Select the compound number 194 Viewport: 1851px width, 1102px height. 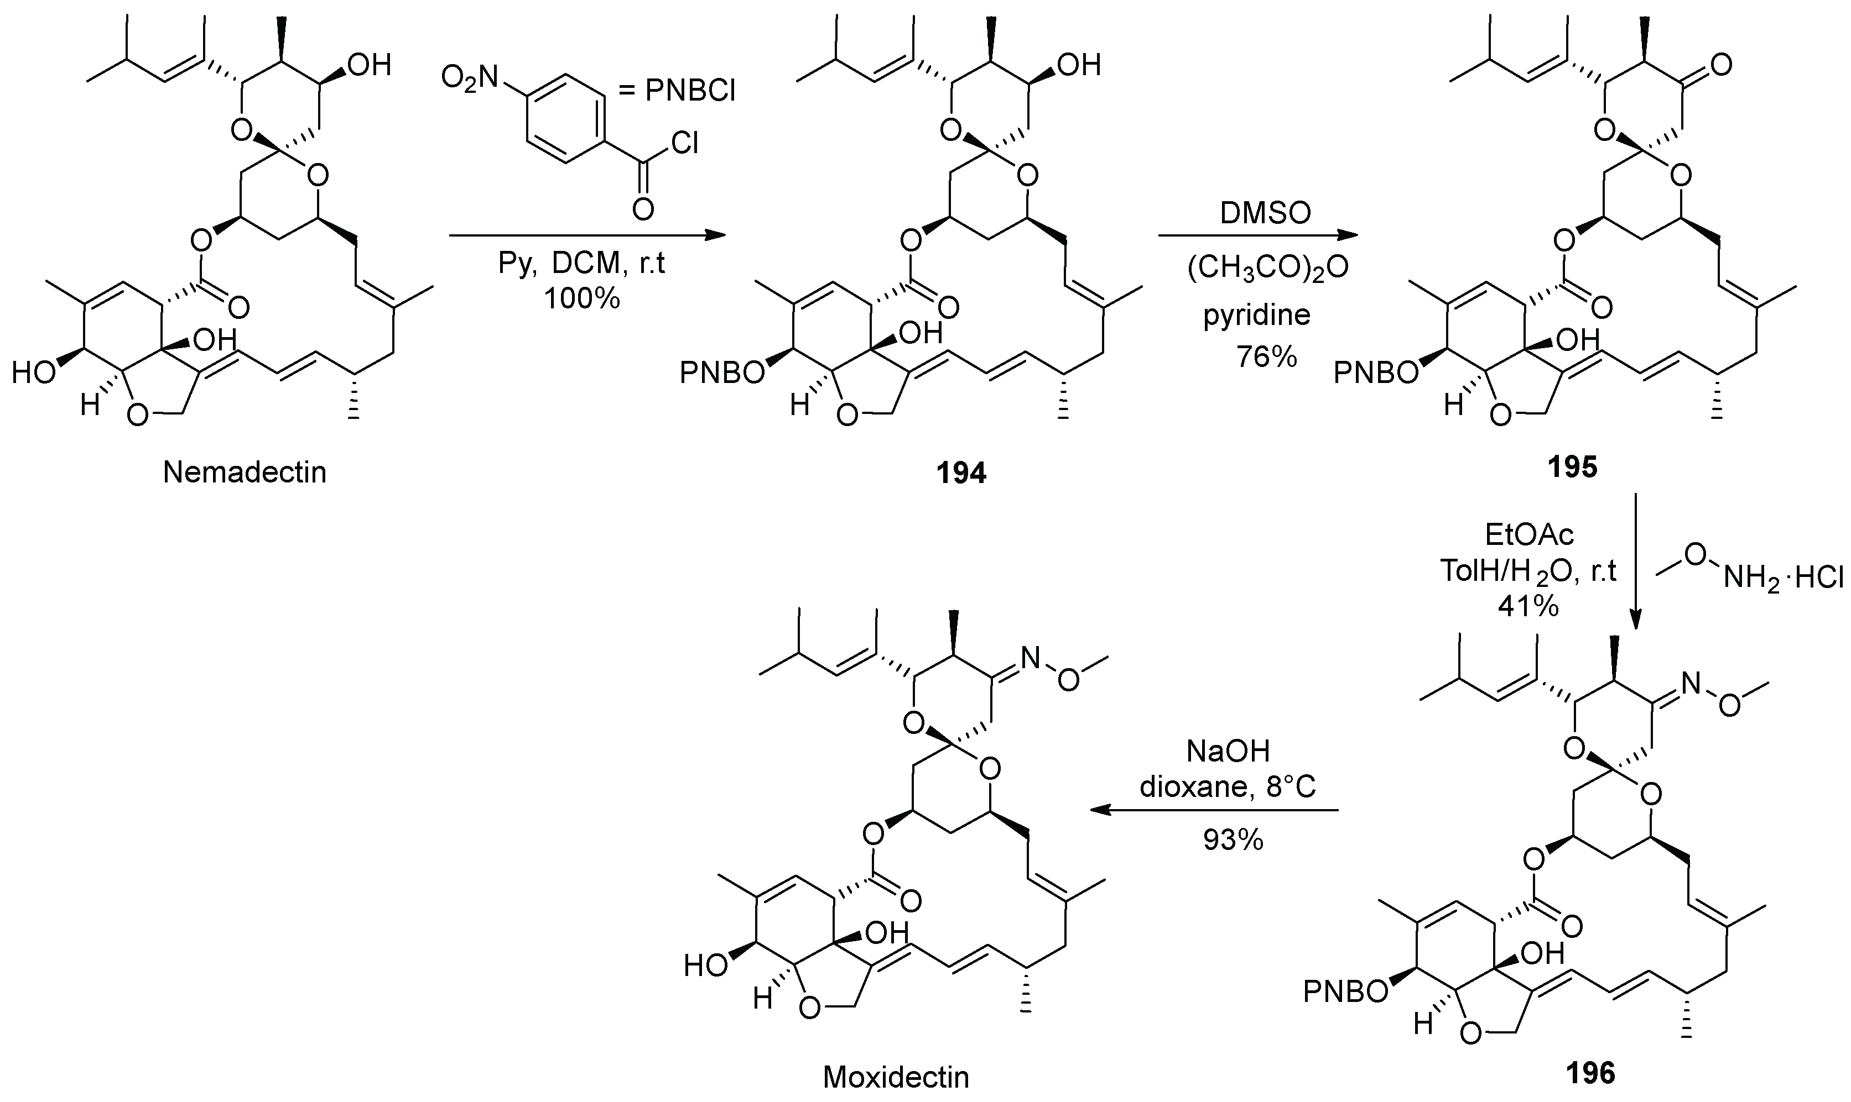pos(961,473)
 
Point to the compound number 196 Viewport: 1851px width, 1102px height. pos(1590,1073)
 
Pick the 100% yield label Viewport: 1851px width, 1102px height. pos(581,298)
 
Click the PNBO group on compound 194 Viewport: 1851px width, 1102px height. pos(722,374)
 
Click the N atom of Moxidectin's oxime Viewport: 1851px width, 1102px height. pos(1030,657)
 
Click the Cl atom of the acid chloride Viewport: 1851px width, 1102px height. pos(684,143)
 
